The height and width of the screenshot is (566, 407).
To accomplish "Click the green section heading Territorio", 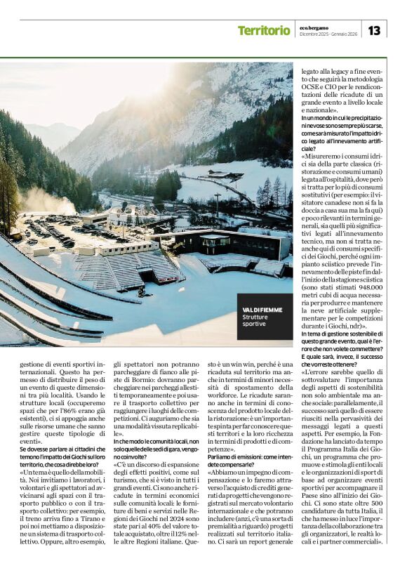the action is tap(263, 30).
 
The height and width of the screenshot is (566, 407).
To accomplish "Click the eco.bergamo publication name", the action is tap(314, 26).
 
